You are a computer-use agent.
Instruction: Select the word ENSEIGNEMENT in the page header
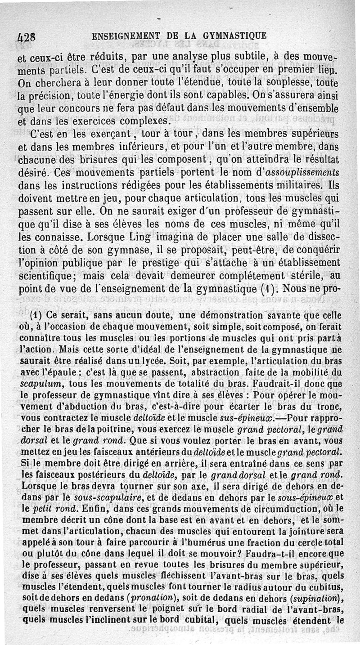click(126, 35)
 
